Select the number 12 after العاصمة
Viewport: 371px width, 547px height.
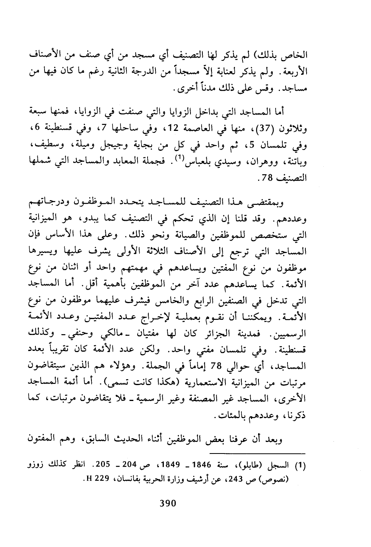177,128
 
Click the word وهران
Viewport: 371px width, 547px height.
269,162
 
